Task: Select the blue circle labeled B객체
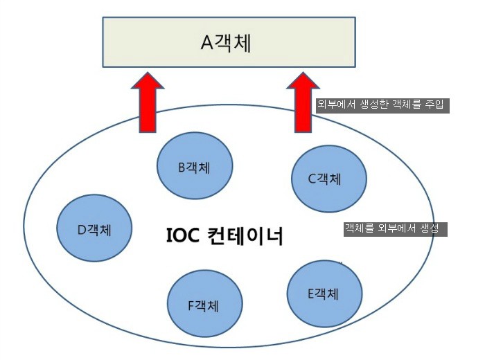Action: [193, 166]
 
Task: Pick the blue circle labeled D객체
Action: [94, 228]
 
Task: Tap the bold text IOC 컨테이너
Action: [225, 235]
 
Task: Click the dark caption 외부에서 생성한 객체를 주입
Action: [382, 105]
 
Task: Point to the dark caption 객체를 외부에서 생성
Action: [395, 228]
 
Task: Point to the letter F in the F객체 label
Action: [191, 305]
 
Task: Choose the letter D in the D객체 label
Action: [80, 230]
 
